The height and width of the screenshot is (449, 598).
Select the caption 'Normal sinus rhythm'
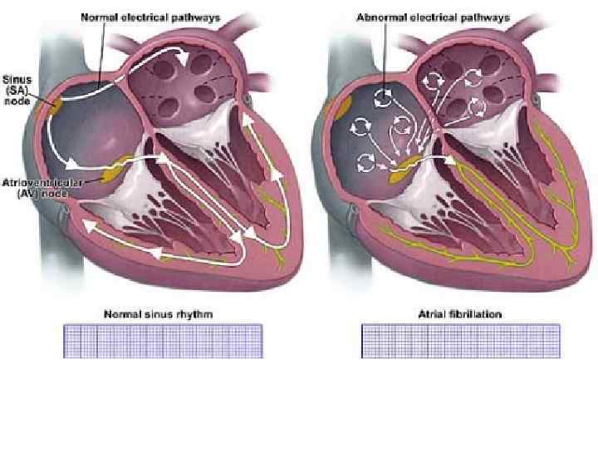[158, 314]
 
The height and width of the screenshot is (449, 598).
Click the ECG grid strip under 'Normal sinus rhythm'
[163, 341]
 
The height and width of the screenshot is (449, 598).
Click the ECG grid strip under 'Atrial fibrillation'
[461, 341]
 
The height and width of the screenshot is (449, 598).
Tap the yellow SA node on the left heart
[56, 106]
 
